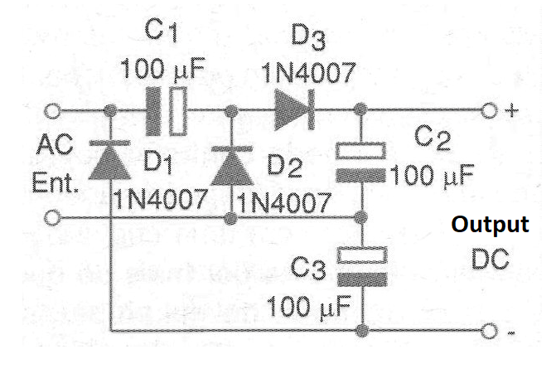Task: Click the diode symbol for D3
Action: [294, 110]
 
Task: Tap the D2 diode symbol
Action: [232, 165]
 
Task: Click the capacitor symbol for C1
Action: [166, 111]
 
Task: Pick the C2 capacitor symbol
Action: [360, 163]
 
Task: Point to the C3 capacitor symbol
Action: [362, 266]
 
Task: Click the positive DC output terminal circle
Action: [489, 110]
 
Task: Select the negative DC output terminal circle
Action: [489, 331]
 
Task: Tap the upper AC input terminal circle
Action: [52, 111]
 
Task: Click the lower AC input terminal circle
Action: [52, 217]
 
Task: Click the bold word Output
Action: [490, 225]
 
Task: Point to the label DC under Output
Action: [491, 259]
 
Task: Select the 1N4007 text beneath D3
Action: [308, 73]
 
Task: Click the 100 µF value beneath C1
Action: [162, 68]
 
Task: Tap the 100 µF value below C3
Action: [309, 307]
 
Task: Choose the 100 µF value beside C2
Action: [433, 175]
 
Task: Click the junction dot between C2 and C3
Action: [361, 216]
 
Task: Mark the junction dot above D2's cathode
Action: [231, 111]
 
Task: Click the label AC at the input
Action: [55, 145]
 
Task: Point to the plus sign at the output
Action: [512, 111]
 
